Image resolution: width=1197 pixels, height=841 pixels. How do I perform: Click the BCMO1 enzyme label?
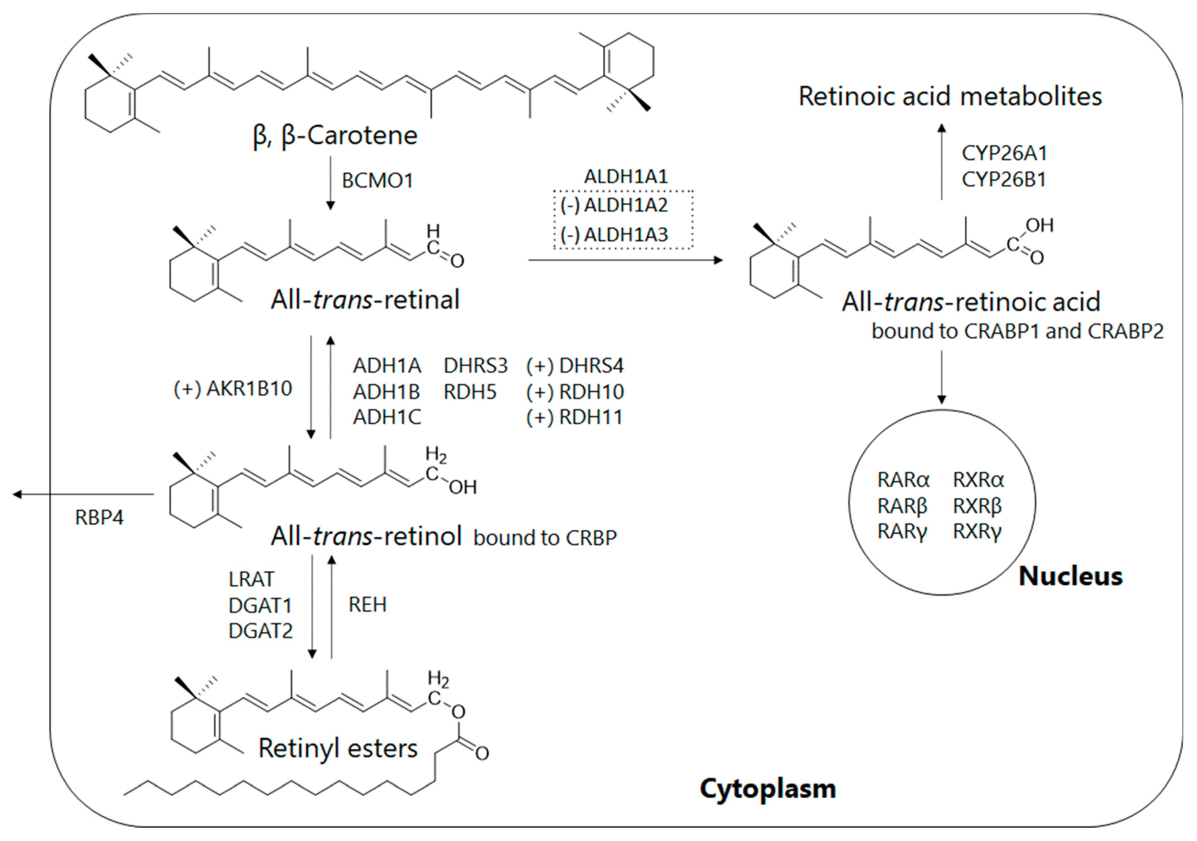click(377, 181)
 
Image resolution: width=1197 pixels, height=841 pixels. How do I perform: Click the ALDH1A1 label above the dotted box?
click(626, 177)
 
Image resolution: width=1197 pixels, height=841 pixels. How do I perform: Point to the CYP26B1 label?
click(1003, 180)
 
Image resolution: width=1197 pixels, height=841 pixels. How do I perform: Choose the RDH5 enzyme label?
click(470, 392)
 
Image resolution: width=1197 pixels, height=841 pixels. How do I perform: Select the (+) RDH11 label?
click(574, 417)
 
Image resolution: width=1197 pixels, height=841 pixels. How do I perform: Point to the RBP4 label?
click(99, 518)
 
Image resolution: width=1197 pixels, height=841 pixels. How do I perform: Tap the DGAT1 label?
click(260, 605)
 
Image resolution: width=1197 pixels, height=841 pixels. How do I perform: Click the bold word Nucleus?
click(1070, 576)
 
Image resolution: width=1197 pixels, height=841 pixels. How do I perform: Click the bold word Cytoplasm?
click(767, 788)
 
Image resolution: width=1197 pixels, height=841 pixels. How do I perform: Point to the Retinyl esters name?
click(338, 748)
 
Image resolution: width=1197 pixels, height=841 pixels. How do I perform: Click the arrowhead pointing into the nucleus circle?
click(941, 400)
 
